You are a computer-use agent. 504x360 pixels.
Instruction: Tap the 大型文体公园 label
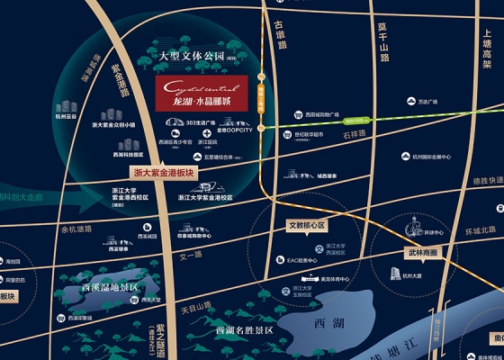(192, 57)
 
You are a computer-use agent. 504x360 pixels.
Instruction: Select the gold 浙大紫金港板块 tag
(163, 171)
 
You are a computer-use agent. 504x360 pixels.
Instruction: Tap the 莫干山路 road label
(382, 42)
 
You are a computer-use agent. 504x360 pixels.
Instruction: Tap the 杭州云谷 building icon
(67, 107)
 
